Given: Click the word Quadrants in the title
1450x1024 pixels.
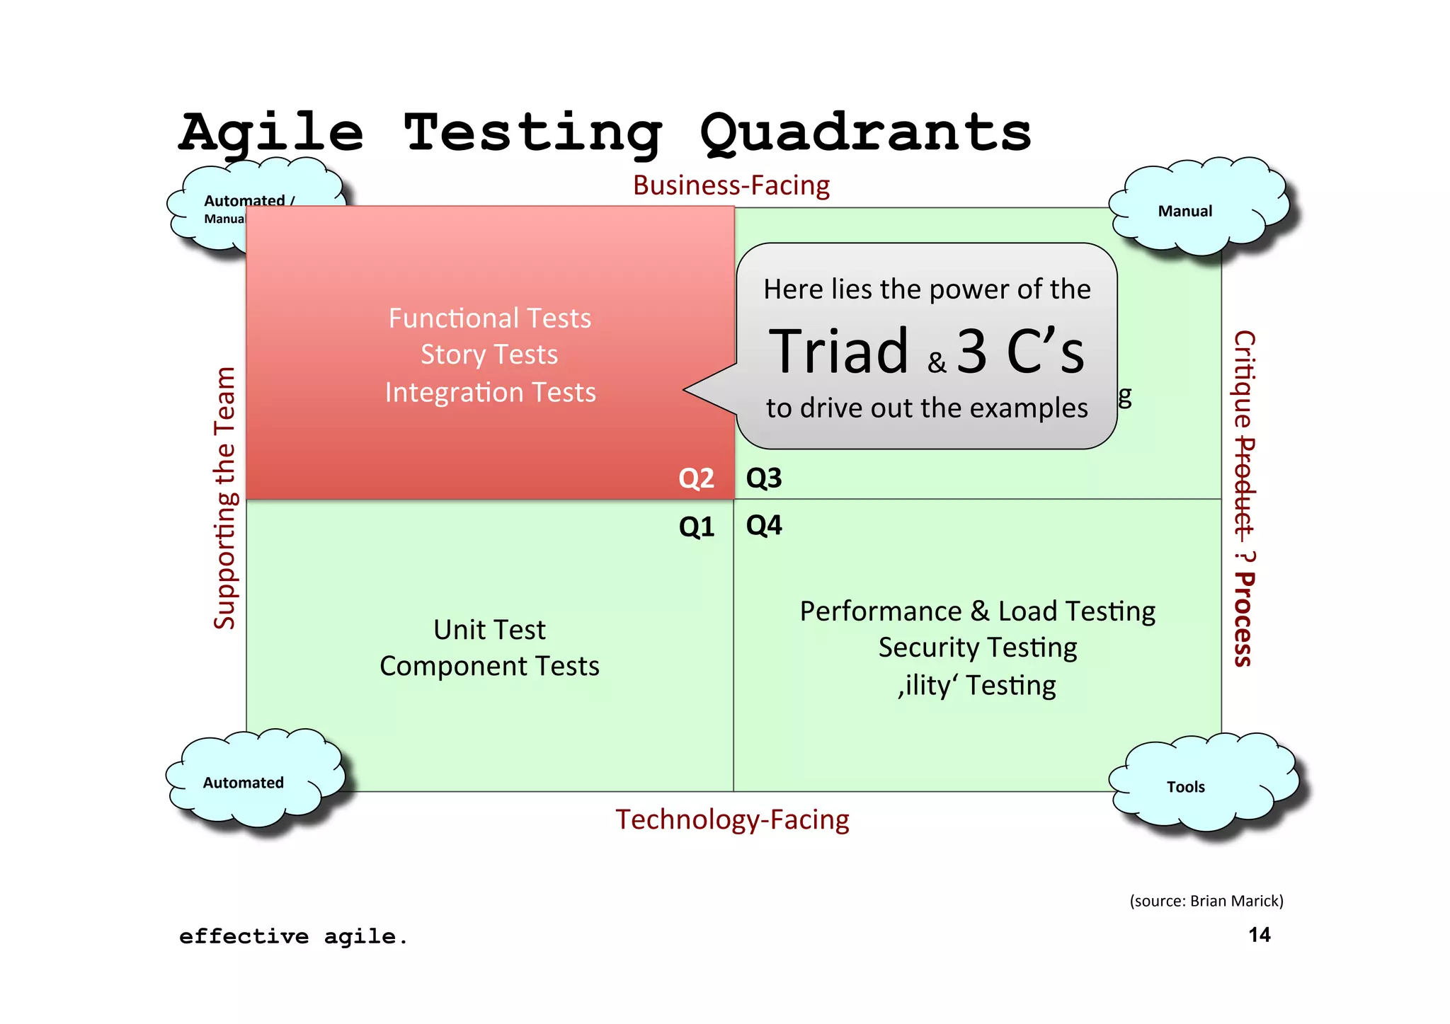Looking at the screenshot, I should click(865, 133).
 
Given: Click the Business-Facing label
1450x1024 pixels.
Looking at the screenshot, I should click(731, 185).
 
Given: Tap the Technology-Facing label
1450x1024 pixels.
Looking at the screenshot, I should click(732, 819).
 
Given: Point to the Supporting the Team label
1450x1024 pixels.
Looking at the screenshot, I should click(224, 498).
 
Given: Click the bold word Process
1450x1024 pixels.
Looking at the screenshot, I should click(1244, 620).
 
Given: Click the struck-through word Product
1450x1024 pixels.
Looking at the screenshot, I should click(1244, 487).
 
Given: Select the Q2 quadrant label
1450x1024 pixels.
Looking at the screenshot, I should click(696, 478).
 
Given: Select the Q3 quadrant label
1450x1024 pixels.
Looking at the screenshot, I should click(764, 478).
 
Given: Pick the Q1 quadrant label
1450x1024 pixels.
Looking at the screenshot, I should click(696, 527).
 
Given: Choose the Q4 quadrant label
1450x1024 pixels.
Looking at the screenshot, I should click(764, 525).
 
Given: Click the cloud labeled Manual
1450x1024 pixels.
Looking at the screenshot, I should click(1185, 211).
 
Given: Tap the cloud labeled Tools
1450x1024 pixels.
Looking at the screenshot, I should click(1186, 786).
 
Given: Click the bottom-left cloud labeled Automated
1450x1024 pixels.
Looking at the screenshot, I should click(244, 783).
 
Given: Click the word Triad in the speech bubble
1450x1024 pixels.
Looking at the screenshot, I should click(839, 352).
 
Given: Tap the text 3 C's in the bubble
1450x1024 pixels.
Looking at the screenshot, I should click(1020, 352).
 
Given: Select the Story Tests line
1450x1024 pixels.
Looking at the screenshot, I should click(489, 355).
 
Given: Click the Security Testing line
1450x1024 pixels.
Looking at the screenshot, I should click(977, 648).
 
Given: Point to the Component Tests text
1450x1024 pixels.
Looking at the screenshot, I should click(489, 666).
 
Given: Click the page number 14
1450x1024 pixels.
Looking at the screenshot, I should click(1260, 935).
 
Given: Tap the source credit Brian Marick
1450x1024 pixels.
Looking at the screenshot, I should click(1235, 901).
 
